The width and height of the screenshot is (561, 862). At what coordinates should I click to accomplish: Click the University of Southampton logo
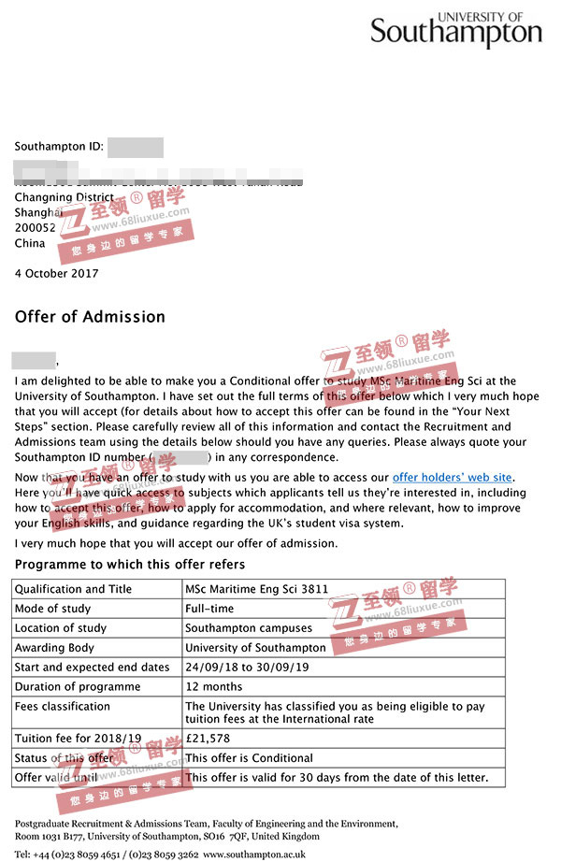(x=456, y=30)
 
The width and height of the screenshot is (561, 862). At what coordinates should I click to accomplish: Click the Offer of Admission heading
(x=90, y=317)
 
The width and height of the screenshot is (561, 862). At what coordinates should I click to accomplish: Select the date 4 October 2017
(x=56, y=274)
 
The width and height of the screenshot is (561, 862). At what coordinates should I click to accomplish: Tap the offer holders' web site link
(x=453, y=479)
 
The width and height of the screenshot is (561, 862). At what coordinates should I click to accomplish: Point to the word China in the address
(x=30, y=243)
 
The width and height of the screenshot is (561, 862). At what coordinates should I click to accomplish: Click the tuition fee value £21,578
(x=207, y=738)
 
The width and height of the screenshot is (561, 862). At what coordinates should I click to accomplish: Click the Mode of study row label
(x=52, y=609)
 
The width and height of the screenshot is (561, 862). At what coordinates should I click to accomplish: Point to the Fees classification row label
(x=64, y=707)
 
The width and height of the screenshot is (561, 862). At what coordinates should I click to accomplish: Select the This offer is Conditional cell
(x=249, y=757)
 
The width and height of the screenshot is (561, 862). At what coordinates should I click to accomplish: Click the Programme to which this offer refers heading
(x=130, y=565)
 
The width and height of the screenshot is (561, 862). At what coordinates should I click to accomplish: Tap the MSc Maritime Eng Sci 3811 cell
(x=255, y=589)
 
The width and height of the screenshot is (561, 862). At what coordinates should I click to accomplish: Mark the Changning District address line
(x=65, y=198)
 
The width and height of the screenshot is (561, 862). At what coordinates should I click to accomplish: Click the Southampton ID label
(x=58, y=147)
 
